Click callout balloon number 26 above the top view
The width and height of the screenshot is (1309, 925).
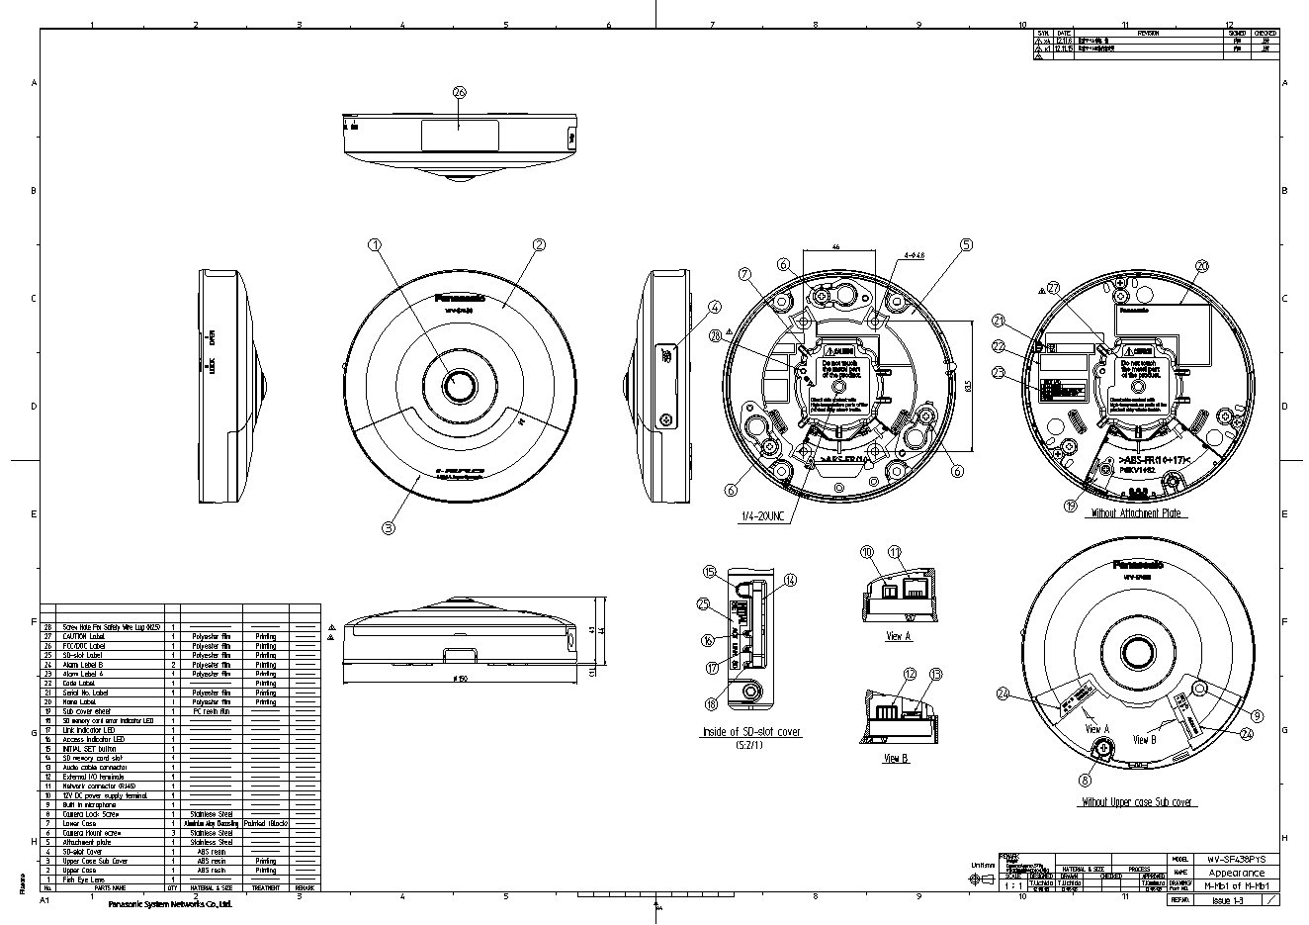[459, 91]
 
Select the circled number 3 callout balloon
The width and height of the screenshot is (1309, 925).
[389, 528]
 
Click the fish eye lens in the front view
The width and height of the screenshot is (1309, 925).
[460, 385]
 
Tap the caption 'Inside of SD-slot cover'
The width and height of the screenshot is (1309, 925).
[749, 732]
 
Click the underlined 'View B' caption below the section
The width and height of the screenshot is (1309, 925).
[896, 759]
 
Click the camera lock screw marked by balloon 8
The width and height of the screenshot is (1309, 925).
[1098, 752]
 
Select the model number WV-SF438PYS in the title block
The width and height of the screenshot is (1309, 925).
[1236, 860]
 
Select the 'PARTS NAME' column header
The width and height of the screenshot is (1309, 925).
[108, 888]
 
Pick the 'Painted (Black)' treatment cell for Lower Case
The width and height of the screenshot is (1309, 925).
[265, 823]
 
